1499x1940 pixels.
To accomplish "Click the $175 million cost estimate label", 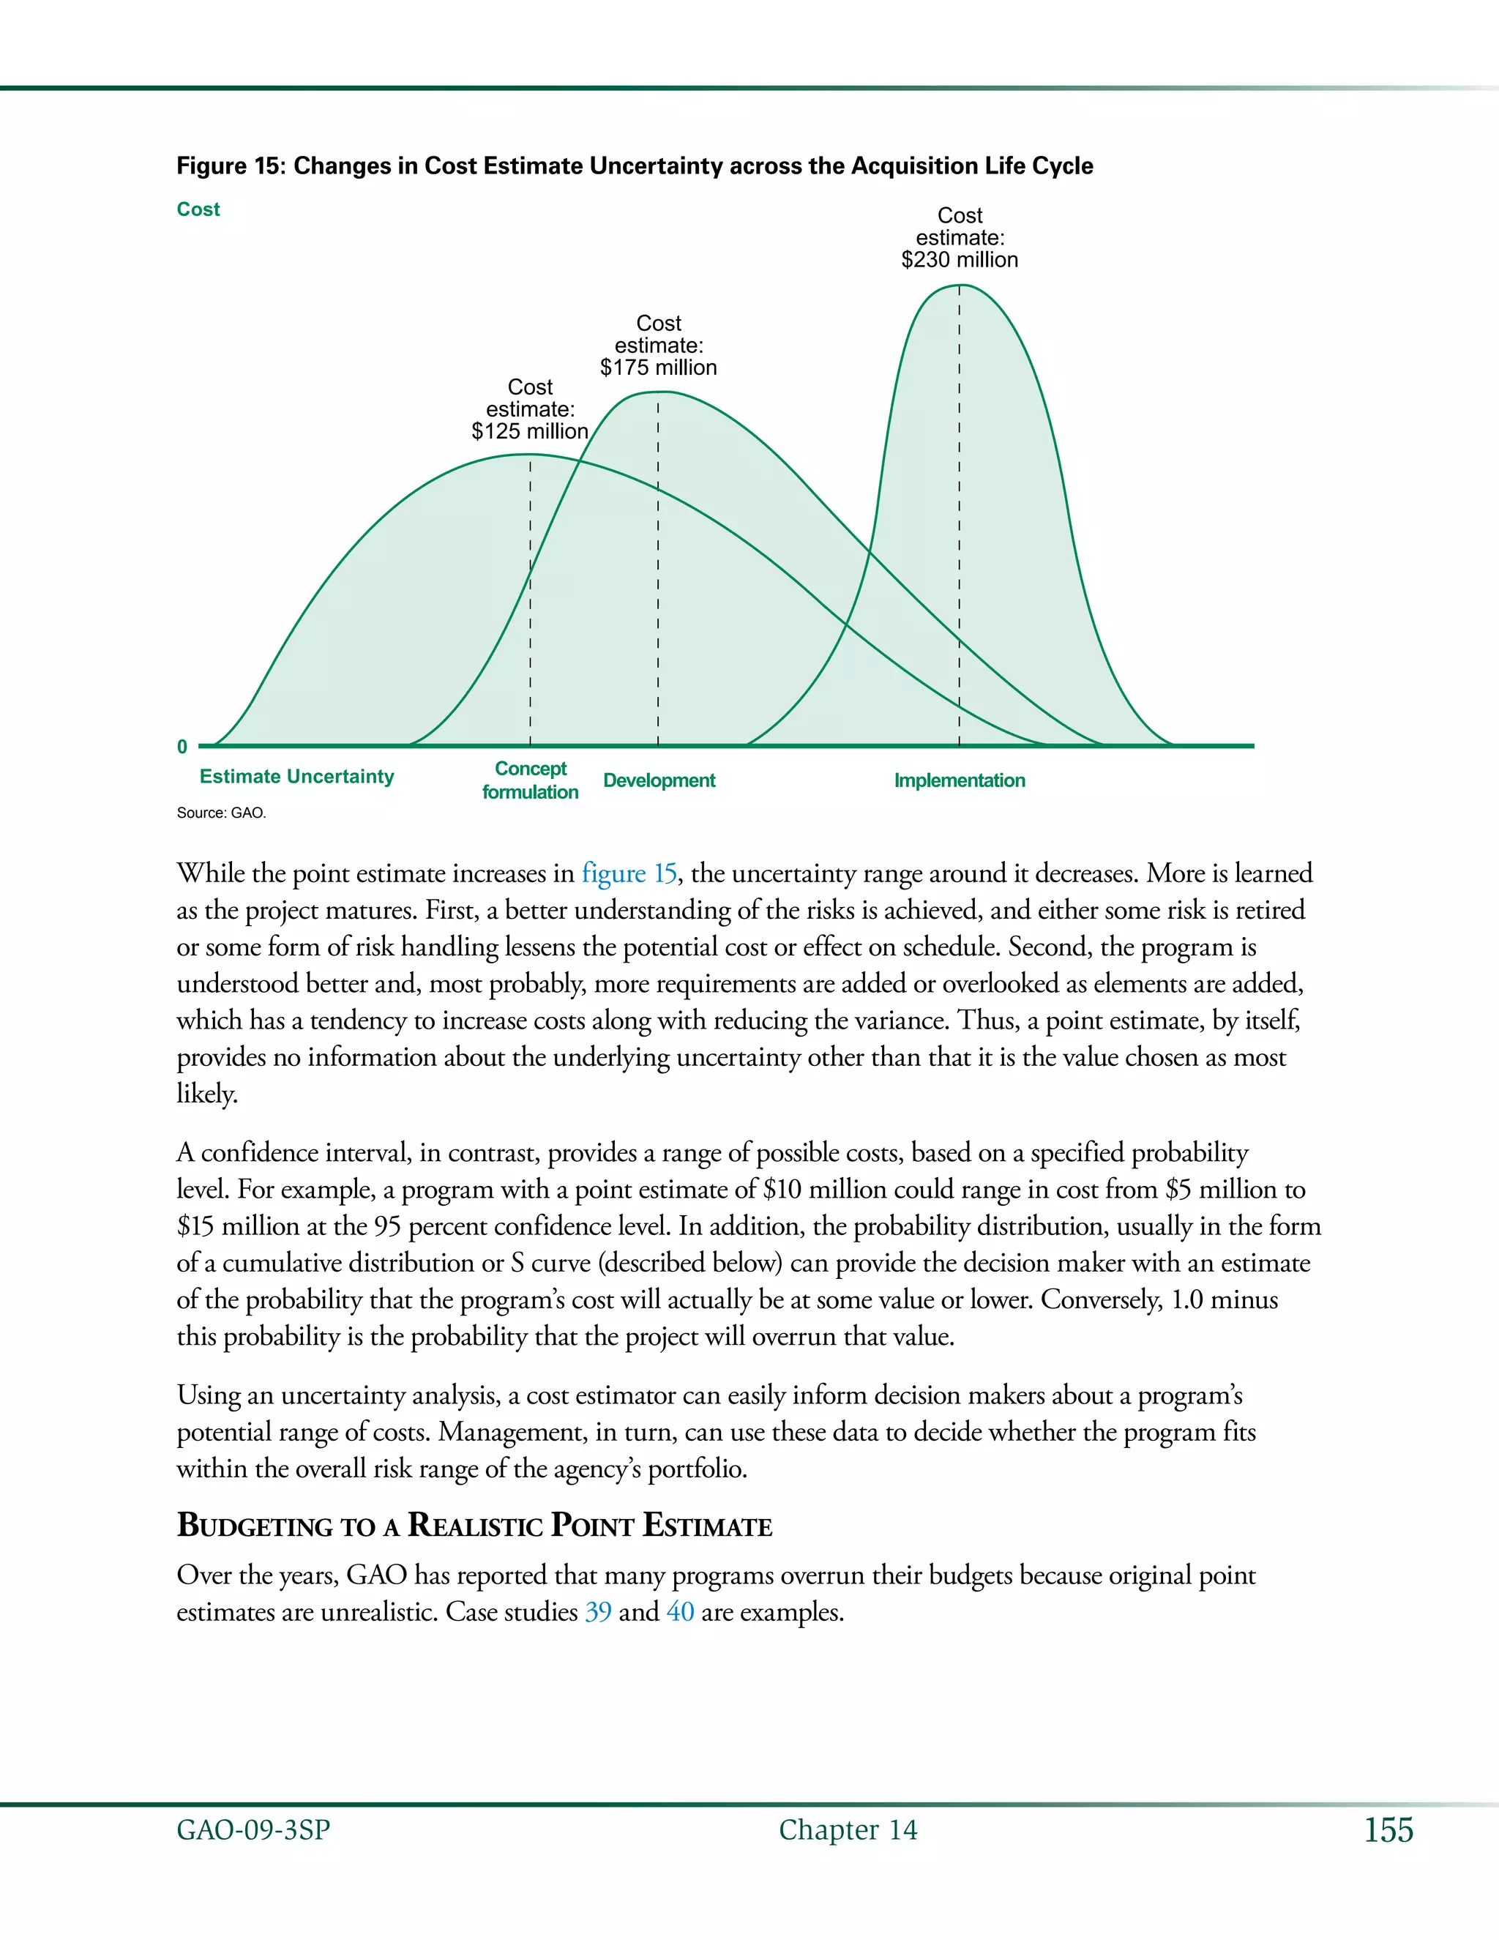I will (658, 346).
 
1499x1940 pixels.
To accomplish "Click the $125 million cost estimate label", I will (530, 409).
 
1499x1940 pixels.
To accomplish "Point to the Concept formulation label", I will (530, 780).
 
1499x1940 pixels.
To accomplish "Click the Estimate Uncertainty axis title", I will (296, 776).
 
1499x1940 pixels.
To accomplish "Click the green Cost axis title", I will (198, 209).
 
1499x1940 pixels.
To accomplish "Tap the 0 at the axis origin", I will (182, 747).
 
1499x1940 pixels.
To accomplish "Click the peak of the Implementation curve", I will (960, 286).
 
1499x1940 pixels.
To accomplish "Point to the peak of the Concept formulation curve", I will (530, 455).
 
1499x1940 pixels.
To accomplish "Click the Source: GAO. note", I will (221, 813).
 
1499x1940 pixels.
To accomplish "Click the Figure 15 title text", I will (634, 166).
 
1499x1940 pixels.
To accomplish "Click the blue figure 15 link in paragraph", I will (629, 873).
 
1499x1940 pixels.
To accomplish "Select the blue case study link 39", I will (598, 1611).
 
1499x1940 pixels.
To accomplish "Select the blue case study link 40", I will (680, 1611).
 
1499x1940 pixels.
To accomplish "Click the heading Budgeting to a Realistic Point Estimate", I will (474, 1525).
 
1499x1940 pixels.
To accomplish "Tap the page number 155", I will (1388, 1830).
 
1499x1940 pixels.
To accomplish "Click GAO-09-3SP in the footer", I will (253, 1830).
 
